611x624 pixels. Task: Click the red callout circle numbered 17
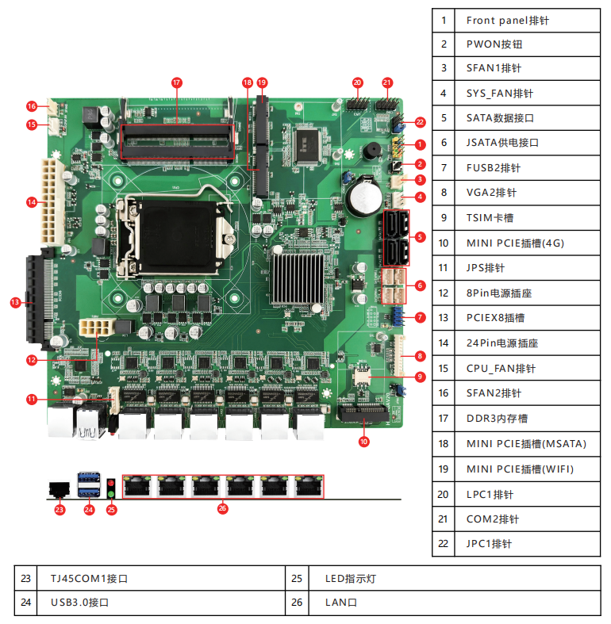point(177,82)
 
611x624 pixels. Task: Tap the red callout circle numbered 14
point(32,202)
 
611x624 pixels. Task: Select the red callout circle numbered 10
point(364,442)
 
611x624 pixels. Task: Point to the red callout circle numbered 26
point(222,508)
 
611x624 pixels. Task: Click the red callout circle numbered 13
point(15,302)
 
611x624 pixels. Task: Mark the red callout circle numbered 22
point(420,122)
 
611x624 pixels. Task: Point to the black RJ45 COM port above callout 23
point(59,489)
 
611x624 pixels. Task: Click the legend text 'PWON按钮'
point(494,44)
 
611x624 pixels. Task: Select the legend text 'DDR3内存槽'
point(498,418)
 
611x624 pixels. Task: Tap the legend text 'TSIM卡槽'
point(493,217)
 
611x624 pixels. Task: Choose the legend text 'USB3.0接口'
point(79,603)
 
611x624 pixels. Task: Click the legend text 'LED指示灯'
point(351,578)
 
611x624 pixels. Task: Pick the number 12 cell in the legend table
point(444,293)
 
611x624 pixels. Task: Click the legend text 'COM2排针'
point(493,519)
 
